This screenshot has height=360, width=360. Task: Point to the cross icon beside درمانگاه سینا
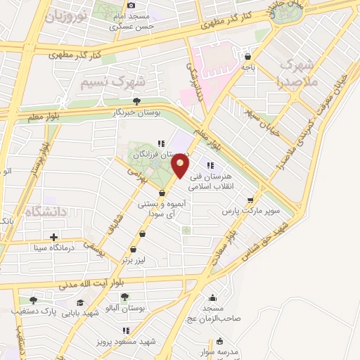[53, 236]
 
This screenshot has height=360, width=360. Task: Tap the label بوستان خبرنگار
[137, 112]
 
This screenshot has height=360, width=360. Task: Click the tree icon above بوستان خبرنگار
[136, 101]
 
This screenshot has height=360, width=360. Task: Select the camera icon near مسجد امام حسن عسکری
[131, 6]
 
